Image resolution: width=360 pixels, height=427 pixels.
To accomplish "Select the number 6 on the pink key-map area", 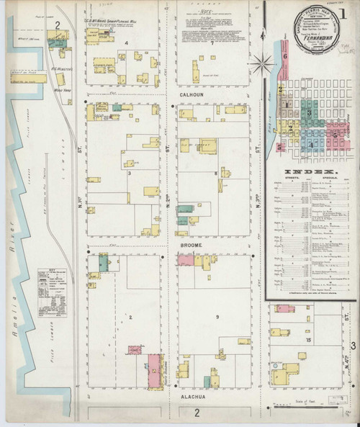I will [x=285, y=56].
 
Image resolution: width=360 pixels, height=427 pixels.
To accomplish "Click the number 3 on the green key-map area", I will [x=310, y=113].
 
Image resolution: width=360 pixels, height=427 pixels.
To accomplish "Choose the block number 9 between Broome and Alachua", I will [x=215, y=318].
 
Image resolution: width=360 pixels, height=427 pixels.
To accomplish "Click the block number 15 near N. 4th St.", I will [x=308, y=339].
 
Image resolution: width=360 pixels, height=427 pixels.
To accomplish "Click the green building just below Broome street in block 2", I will [x=104, y=264].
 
